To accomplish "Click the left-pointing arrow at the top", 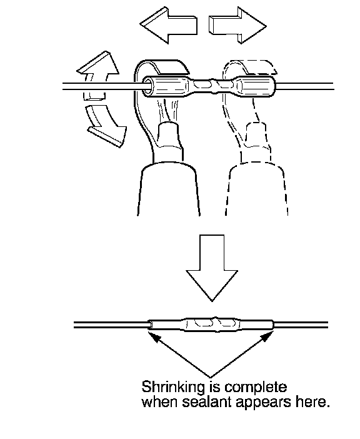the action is tap(168, 25).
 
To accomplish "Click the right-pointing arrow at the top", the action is tap(237, 25).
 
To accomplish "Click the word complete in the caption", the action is tap(256, 388).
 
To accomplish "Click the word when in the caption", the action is tap(160, 403).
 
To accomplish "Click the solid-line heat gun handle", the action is tap(168, 190).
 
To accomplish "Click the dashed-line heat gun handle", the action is tap(256, 190).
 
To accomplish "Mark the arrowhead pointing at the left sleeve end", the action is tap(154, 336).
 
